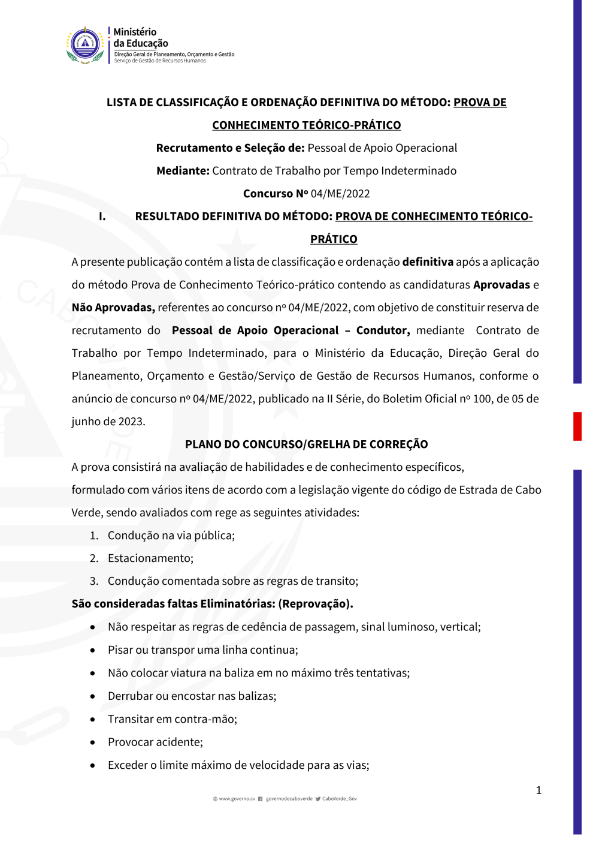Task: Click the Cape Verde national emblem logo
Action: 85,45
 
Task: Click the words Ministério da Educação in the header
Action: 141,38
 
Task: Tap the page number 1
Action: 539,790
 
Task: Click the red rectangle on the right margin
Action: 577,426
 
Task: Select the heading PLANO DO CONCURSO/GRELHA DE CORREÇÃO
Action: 306,444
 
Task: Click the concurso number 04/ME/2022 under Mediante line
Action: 340,194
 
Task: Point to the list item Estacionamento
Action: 150,558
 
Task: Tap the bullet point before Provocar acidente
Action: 93,742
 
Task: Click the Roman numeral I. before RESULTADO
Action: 102,216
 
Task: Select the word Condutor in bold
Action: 383,330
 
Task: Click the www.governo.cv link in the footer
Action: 237,799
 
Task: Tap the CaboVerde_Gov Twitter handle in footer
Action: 339,799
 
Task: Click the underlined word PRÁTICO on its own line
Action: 334,239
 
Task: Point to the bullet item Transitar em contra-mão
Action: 173,719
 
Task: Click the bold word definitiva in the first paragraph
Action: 428,262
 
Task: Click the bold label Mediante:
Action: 183,171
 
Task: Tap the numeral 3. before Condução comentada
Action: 94,581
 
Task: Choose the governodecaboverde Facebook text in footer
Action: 289,799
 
